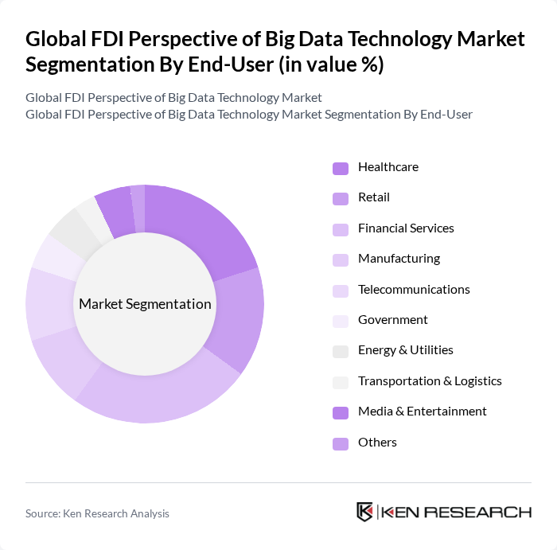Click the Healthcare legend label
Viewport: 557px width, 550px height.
point(388,167)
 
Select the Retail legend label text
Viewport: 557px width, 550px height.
point(373,197)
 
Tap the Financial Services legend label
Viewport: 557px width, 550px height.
point(406,228)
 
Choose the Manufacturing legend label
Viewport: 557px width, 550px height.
point(399,259)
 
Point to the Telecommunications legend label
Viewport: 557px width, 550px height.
point(414,290)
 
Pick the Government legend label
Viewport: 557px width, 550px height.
point(392,320)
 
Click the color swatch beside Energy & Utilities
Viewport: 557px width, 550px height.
point(340,351)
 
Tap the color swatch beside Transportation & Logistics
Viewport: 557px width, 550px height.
point(340,381)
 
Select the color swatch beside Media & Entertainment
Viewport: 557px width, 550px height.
point(340,412)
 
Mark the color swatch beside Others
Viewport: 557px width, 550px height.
point(340,443)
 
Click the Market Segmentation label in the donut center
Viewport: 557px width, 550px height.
point(145,304)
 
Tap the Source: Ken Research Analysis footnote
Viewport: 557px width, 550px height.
point(97,513)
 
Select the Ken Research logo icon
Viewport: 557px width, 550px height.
point(365,512)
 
